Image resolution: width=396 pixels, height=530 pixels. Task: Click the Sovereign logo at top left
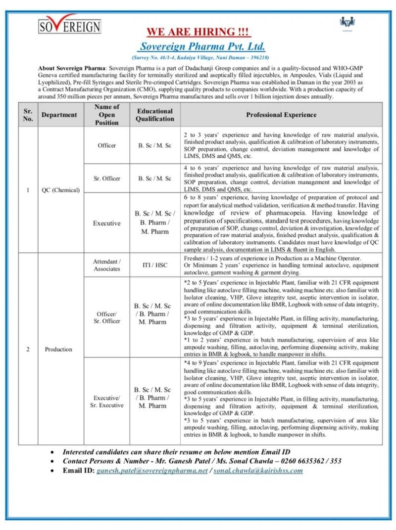(x=69, y=24)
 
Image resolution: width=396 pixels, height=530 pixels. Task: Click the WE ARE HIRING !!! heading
(x=198, y=33)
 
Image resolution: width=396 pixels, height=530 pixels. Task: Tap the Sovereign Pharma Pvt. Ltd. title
(x=202, y=47)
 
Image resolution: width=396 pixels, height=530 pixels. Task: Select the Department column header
(x=59, y=115)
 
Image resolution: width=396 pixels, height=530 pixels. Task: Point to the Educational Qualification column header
(x=155, y=115)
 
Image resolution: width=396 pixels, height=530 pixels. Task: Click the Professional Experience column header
(x=281, y=115)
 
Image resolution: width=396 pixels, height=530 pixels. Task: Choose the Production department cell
(x=58, y=349)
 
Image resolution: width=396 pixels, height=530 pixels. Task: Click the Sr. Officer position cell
(x=107, y=178)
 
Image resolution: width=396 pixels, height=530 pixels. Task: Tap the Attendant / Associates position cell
(x=107, y=265)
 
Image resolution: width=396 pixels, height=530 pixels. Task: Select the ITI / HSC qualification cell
(x=155, y=265)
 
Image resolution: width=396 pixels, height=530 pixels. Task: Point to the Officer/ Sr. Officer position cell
(x=107, y=317)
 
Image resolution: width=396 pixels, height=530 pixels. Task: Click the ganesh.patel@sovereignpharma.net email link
(x=152, y=470)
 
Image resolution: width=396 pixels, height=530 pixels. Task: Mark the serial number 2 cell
(x=28, y=349)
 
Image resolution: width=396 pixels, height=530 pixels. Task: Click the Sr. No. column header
(x=28, y=115)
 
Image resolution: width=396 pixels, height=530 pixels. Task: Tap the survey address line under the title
(x=202, y=58)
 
